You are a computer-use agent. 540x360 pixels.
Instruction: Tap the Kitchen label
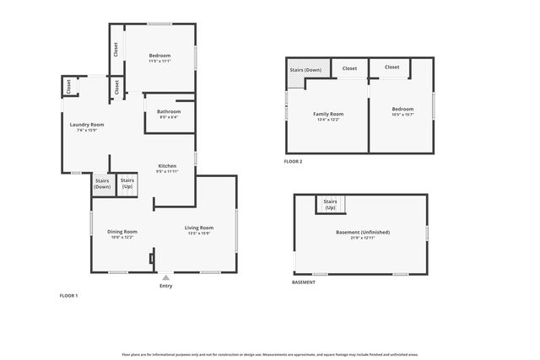(167, 166)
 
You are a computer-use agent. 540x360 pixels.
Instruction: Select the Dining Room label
(122, 232)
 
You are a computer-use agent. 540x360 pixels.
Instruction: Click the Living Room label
(199, 228)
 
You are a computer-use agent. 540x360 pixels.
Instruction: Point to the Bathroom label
(169, 111)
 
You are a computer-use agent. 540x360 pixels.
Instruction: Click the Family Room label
(328, 114)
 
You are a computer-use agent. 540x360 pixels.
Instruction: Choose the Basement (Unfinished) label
(361, 232)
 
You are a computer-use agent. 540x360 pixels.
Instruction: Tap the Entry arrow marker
(165, 277)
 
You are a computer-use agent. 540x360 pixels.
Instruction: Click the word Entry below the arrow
(165, 286)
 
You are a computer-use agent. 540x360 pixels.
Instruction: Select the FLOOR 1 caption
(68, 296)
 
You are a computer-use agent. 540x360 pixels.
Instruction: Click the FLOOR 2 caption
(294, 161)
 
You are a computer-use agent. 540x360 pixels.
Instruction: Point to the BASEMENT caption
(304, 282)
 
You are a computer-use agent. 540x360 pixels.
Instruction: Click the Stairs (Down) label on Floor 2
(305, 70)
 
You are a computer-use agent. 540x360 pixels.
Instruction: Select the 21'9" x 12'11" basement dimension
(361, 238)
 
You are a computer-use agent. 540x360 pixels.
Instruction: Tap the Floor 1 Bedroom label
(159, 56)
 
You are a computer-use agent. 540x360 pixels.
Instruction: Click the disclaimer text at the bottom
(270, 355)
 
